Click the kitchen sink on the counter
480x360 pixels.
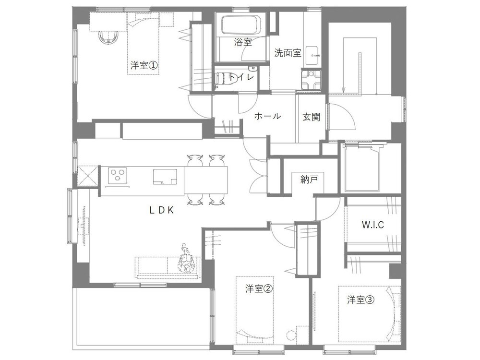click(x=165, y=177)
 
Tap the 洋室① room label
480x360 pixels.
click(x=144, y=65)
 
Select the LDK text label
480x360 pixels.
click(x=162, y=210)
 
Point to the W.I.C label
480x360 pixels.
click(x=372, y=225)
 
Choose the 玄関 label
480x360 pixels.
click(x=312, y=117)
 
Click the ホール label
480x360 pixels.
click(x=267, y=116)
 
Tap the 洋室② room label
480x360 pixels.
click(x=259, y=288)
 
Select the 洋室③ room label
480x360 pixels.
click(x=361, y=300)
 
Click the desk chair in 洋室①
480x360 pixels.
click(x=108, y=37)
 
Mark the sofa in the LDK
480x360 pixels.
click(x=167, y=267)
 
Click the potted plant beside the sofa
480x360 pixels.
click(x=186, y=260)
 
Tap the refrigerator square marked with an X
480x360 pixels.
click(x=88, y=176)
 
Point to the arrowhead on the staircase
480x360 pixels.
click(x=344, y=90)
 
